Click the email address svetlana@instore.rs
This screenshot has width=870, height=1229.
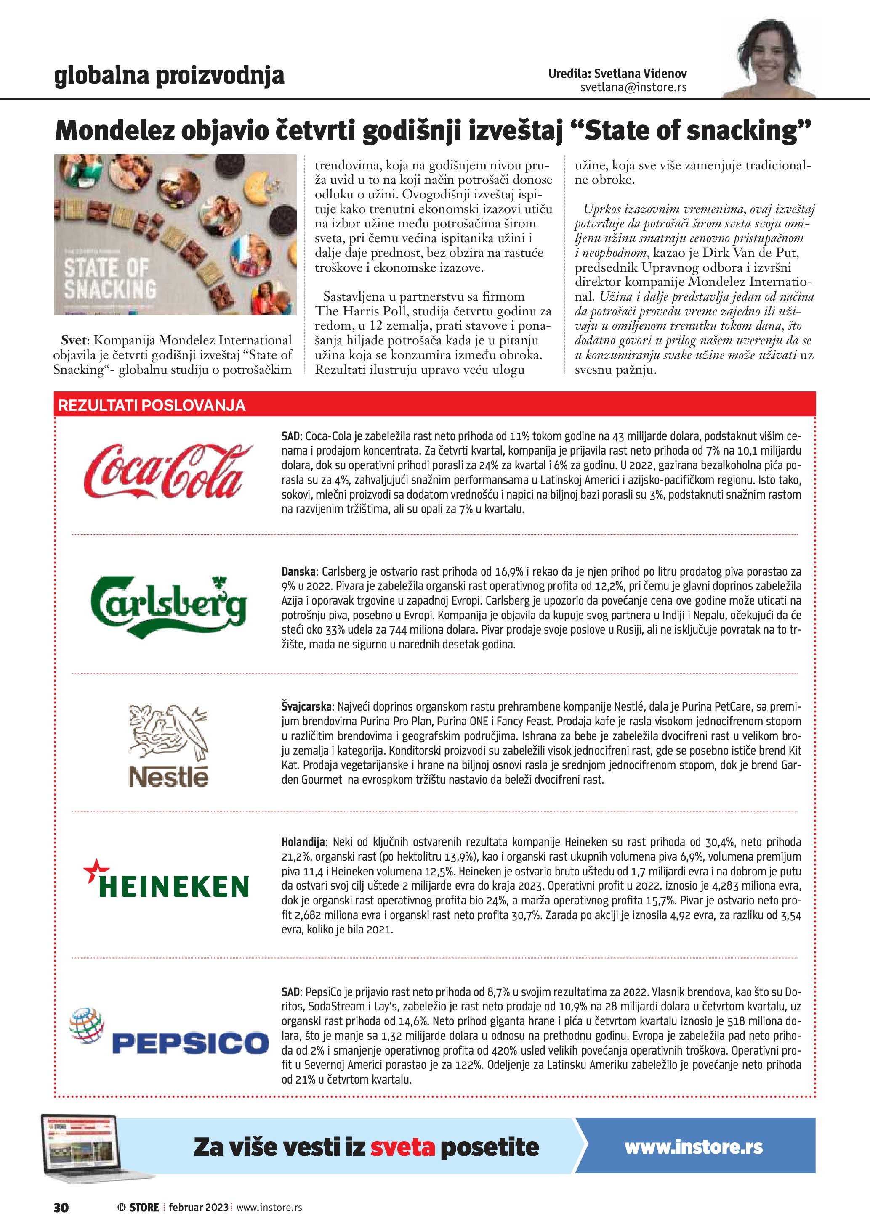tap(633, 87)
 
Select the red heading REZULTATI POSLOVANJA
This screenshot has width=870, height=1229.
tap(152, 405)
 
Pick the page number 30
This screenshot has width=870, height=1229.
tap(61, 1207)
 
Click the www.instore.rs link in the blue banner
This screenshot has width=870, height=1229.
tap(693, 1147)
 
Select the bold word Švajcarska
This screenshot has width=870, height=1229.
tap(306, 706)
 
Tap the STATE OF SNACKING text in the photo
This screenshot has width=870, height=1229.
tap(109, 278)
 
